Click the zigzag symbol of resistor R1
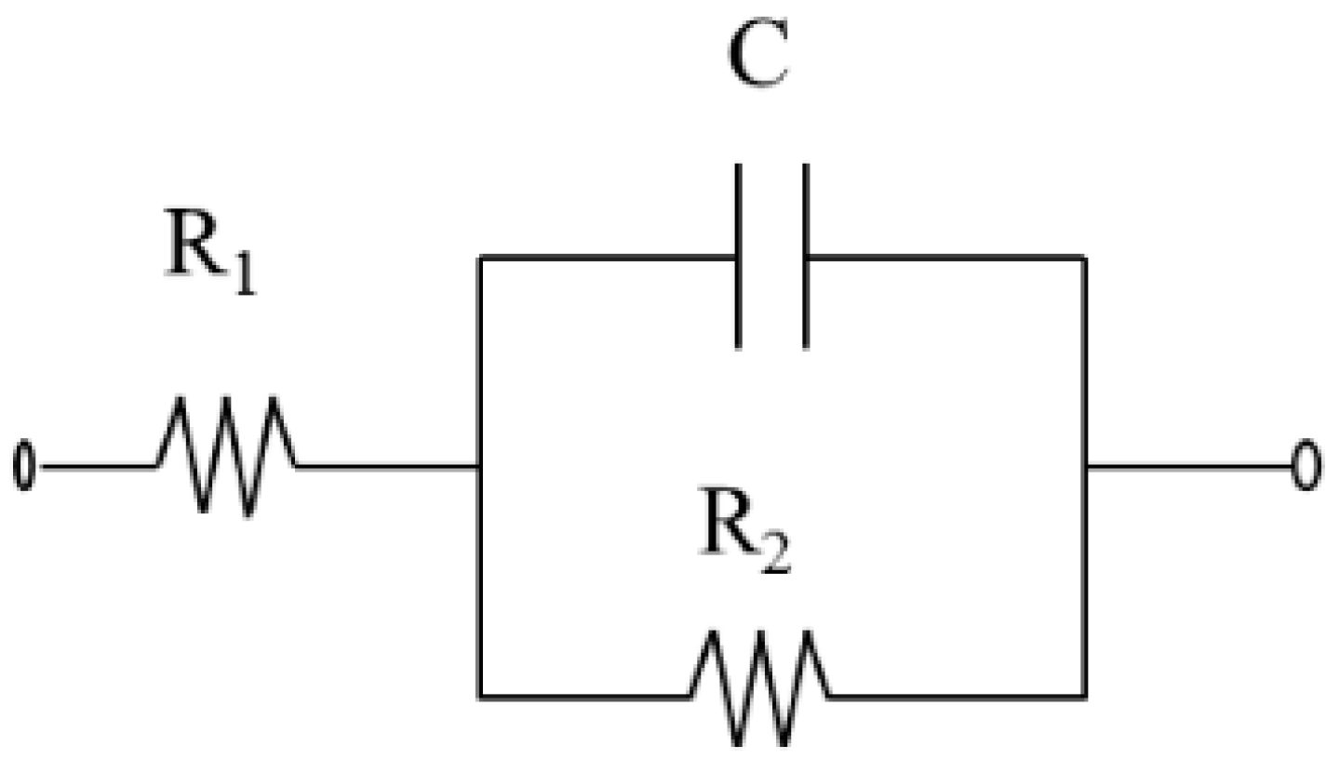click(226, 456)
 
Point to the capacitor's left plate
click(738, 256)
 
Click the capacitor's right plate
click(805, 256)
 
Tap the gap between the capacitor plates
click(771, 256)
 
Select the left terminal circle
click(25, 467)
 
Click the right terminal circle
click(1306, 467)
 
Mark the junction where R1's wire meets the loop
click(479, 466)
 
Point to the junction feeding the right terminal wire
click(1085, 466)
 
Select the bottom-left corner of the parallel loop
click(479, 696)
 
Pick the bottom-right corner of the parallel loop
click(1085, 696)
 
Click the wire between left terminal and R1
click(98, 466)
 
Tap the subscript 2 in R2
click(777, 557)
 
